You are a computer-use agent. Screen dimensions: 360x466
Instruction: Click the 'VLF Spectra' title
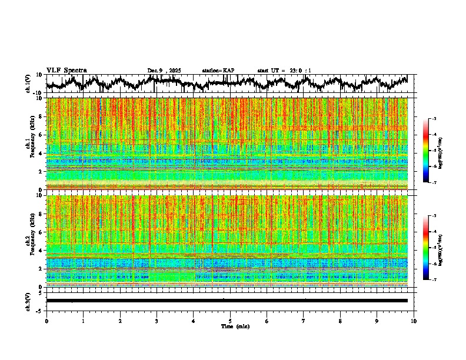coord(66,71)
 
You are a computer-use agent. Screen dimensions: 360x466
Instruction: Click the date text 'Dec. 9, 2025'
coord(164,71)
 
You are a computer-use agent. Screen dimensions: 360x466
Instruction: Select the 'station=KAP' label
coord(218,71)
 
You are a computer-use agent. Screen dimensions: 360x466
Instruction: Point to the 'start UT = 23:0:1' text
coord(284,71)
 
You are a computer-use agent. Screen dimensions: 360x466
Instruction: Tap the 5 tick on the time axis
coord(230,321)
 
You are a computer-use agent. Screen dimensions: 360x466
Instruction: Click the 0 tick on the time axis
coord(46,321)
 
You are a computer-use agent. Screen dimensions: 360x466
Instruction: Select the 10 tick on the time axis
coord(414,321)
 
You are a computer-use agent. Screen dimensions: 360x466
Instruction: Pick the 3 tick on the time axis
coord(157,321)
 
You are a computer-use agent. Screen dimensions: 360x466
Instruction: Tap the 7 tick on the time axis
coord(304,321)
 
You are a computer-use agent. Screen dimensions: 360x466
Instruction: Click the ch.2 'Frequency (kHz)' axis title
coord(31,240)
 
